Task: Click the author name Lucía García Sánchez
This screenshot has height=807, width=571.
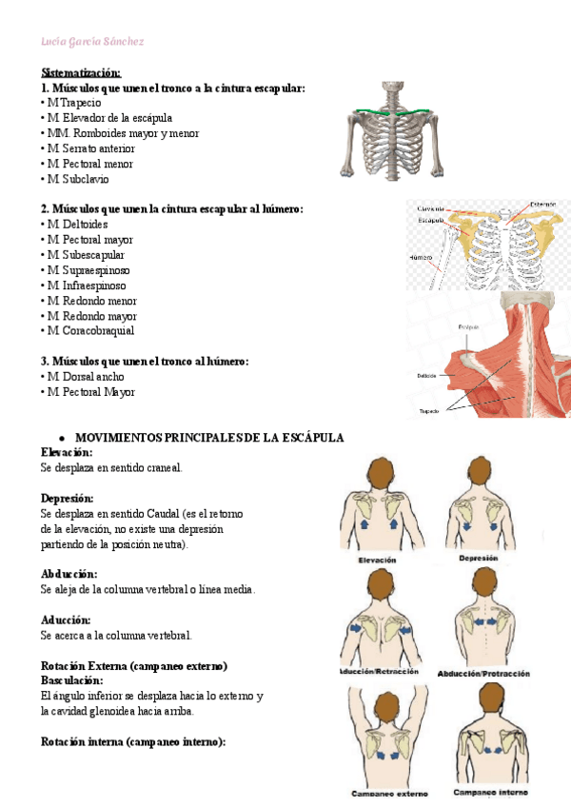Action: click(92, 42)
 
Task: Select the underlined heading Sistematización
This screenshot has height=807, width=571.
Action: click(81, 72)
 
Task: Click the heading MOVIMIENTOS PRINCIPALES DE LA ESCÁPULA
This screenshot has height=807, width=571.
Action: click(208, 438)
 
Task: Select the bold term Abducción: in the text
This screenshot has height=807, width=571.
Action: click(69, 575)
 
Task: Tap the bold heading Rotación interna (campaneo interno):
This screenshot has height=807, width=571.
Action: click(132, 742)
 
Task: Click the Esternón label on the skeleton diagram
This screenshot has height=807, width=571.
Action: click(542, 204)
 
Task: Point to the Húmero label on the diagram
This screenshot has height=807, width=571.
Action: click(421, 257)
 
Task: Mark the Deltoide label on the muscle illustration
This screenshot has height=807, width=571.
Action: click(425, 375)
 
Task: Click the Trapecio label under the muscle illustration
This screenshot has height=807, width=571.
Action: click(430, 411)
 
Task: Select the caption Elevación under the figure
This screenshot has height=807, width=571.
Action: click(377, 561)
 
